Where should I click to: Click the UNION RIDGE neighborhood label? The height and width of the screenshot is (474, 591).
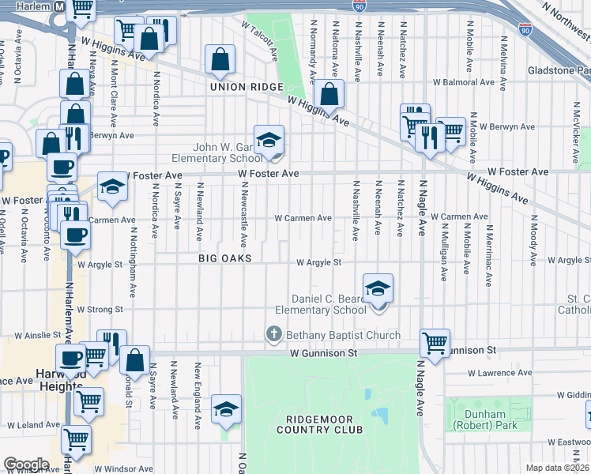(240, 87)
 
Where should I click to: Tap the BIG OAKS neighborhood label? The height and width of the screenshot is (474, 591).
(224, 258)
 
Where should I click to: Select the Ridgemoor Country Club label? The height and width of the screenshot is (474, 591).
(319, 423)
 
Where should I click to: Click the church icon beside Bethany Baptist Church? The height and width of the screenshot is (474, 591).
(274, 335)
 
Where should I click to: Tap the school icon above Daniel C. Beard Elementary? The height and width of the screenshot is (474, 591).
(378, 288)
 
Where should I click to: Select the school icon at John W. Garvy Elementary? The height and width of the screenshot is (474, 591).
(269, 140)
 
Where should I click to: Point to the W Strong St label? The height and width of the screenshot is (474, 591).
(100, 309)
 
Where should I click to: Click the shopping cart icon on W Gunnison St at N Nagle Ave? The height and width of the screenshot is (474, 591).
(435, 343)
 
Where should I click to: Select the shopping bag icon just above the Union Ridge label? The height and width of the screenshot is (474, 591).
(220, 59)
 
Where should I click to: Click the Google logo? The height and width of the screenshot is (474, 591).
(26, 465)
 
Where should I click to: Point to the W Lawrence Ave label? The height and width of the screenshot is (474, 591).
(501, 372)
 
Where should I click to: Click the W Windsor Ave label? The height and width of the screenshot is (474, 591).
(123, 468)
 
